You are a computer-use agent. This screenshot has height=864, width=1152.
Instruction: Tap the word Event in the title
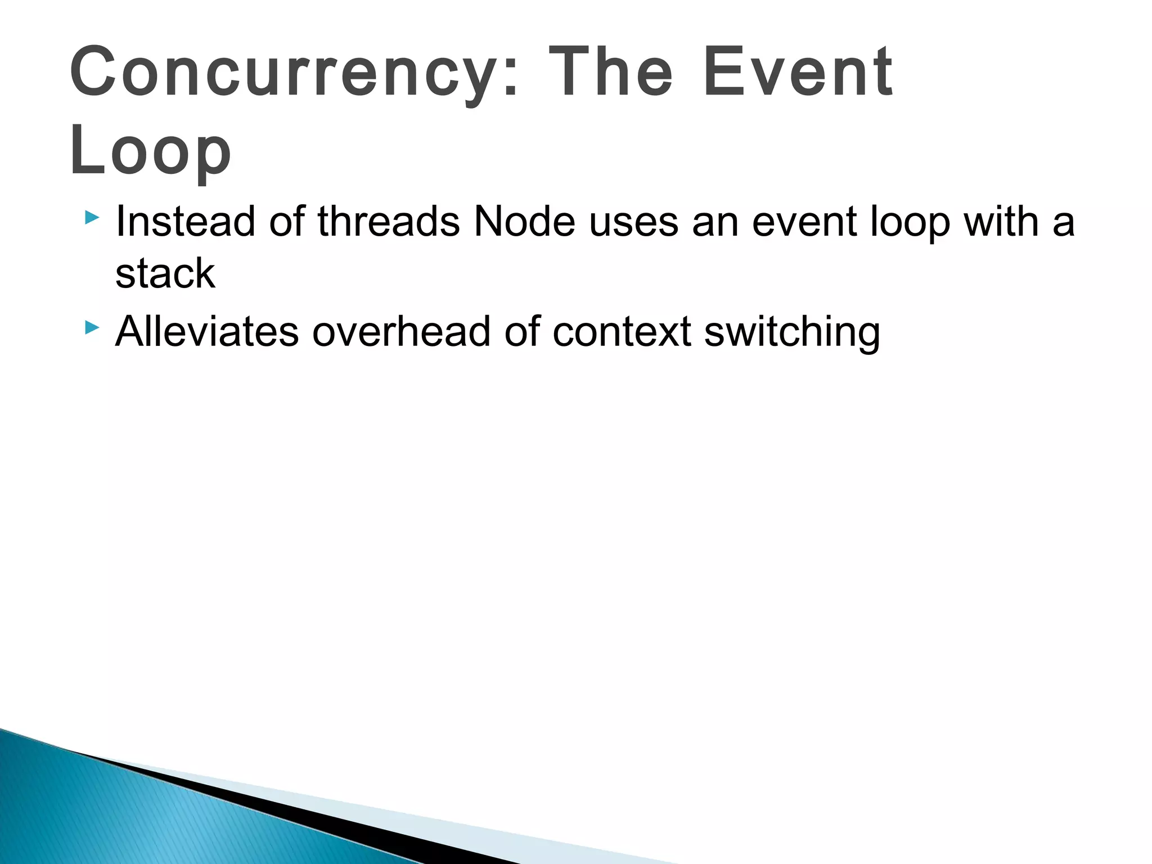[x=798, y=73]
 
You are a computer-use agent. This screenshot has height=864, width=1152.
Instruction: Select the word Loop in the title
[x=150, y=151]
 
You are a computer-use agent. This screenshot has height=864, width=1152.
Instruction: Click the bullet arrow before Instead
[x=92, y=218]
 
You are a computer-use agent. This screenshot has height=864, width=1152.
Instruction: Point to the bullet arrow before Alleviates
[x=92, y=327]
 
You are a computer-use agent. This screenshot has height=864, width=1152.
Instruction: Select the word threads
[x=389, y=222]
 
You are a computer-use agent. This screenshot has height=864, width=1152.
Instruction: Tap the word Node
[x=524, y=222]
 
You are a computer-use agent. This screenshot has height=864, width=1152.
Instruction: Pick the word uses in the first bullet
[x=634, y=222]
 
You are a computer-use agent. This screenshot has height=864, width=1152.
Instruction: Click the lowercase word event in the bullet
[x=804, y=222]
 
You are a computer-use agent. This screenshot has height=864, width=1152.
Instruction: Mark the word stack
[x=165, y=274]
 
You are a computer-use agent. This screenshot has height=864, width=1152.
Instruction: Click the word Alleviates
[x=207, y=331]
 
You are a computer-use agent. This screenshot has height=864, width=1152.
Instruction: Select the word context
[x=622, y=331]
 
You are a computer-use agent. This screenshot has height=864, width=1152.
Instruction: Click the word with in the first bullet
[x=1001, y=222]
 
